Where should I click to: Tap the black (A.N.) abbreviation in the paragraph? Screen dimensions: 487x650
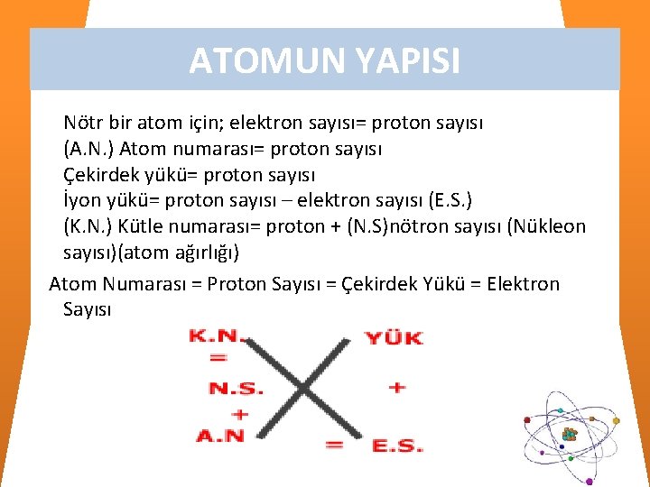(x=88, y=148)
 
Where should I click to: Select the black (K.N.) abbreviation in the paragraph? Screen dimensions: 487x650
(x=88, y=225)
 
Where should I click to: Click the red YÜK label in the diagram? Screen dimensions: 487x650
(x=394, y=338)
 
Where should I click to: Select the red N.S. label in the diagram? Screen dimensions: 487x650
(x=236, y=389)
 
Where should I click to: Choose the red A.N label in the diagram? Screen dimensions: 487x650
(x=221, y=436)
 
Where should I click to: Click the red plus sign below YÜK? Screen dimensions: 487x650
(x=396, y=388)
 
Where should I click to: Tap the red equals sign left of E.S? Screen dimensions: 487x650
(x=334, y=444)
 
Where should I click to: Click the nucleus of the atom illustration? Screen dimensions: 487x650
(x=569, y=435)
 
